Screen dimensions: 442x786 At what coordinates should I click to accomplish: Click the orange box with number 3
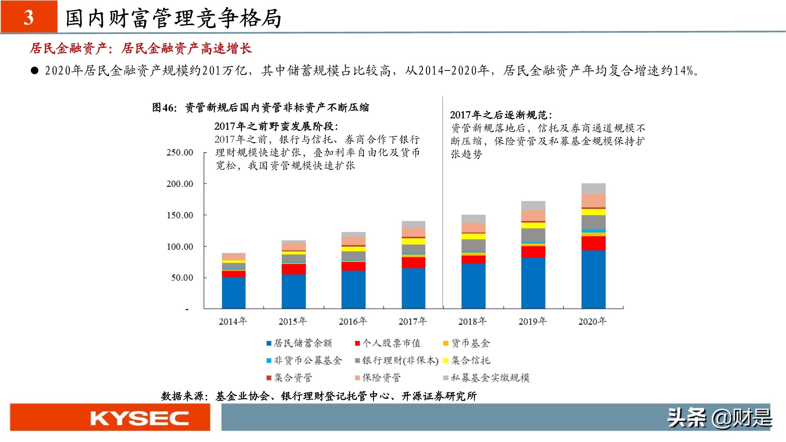(29, 17)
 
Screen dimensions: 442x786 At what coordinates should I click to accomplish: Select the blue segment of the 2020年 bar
(593, 279)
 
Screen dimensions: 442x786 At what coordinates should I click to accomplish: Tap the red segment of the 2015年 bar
(294, 269)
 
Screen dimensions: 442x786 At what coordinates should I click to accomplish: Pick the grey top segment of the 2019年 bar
(533, 205)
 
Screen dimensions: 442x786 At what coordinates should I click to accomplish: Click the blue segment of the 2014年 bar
(233, 293)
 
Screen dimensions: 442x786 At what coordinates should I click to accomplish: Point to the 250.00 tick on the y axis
(180, 152)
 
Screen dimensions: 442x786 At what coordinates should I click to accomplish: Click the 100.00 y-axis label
(180, 247)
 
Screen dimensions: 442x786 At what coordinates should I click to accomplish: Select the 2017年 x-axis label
(413, 321)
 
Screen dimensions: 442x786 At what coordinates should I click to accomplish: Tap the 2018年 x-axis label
(472, 321)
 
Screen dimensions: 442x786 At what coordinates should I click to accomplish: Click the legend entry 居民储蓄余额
(299, 343)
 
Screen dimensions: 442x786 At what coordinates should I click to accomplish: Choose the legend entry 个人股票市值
(387, 343)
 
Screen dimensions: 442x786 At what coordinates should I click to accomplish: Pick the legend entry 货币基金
(466, 343)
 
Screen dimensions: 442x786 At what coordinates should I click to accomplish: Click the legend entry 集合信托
(466, 361)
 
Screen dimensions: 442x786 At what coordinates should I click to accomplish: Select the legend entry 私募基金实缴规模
(486, 378)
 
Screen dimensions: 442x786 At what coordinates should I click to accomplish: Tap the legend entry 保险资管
(378, 378)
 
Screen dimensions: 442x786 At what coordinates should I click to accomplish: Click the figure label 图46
(164, 108)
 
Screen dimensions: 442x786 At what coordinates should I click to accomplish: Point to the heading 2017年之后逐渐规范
(501, 115)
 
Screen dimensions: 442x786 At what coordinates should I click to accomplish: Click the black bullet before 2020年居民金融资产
(35, 71)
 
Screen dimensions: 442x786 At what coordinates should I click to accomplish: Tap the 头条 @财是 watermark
(719, 418)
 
